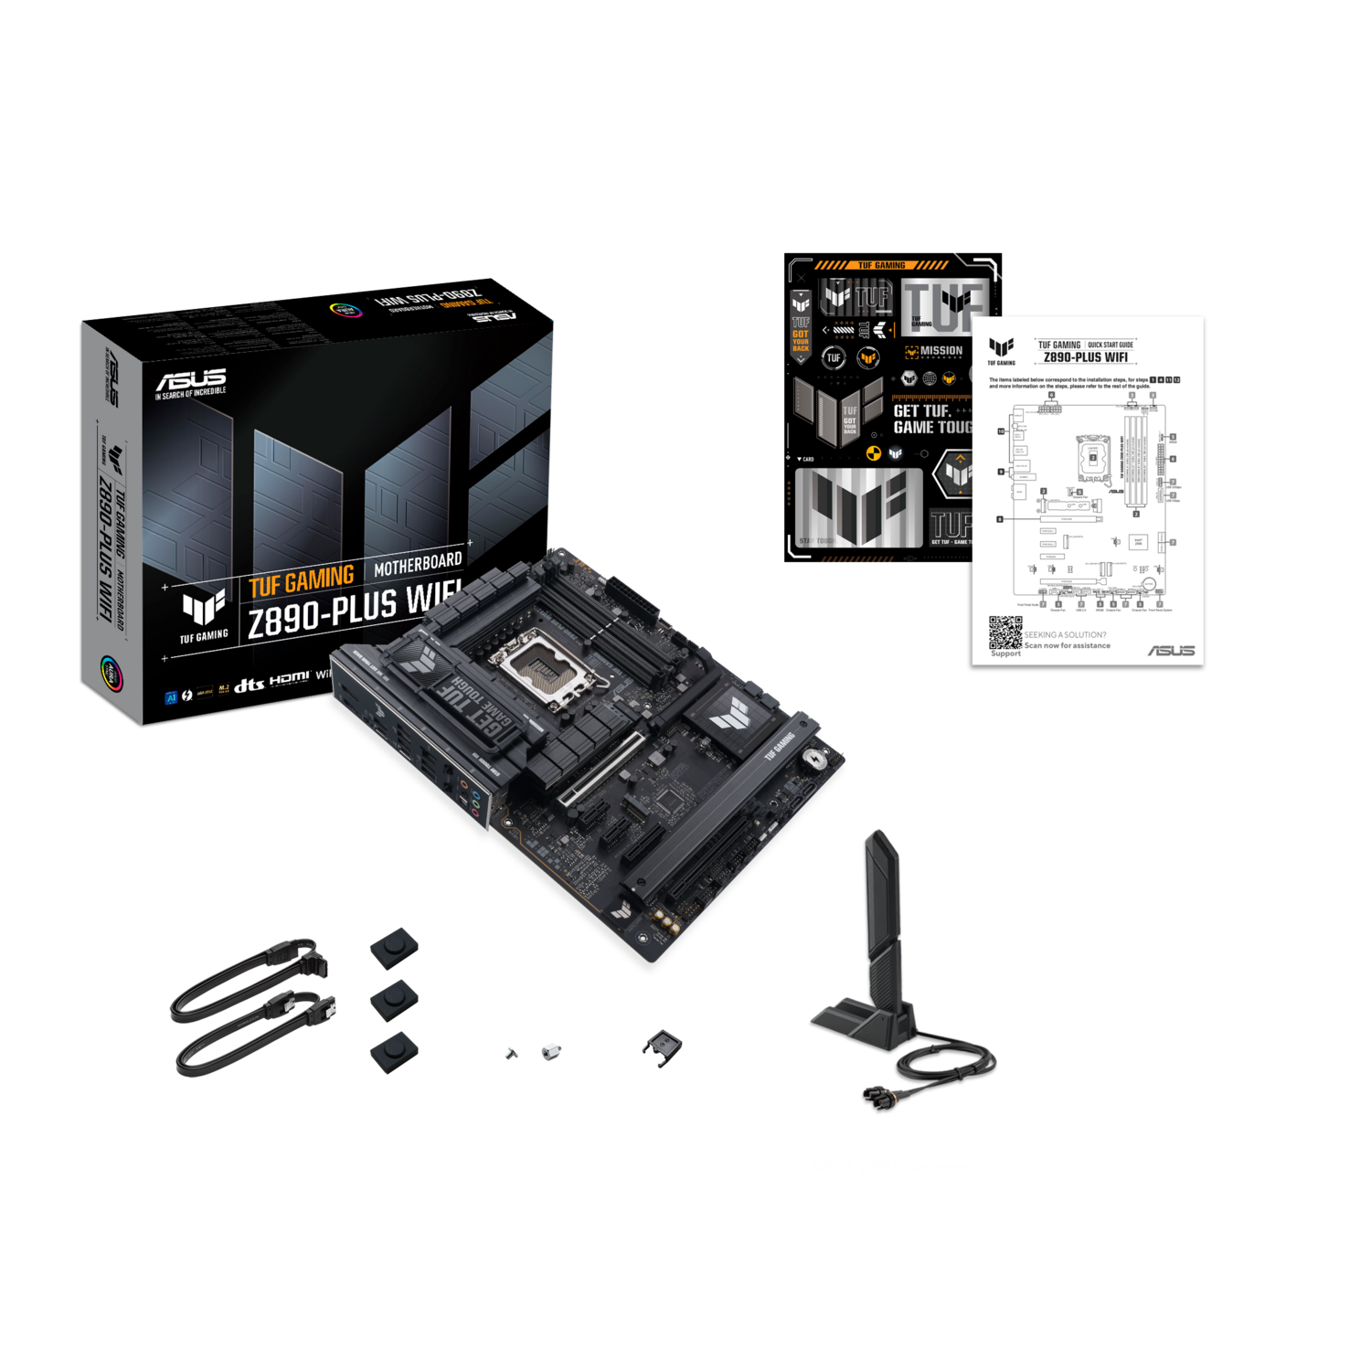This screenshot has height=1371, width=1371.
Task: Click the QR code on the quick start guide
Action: tap(1005, 632)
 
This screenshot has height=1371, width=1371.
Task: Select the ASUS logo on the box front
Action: tap(190, 380)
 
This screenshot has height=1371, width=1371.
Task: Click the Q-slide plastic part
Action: tap(662, 1045)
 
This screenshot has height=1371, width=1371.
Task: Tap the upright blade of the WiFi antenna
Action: tap(882, 914)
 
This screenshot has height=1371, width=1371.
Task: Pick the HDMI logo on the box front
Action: tap(290, 678)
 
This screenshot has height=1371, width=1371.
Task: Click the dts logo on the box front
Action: tap(249, 685)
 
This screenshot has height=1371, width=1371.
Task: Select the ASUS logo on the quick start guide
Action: tap(1171, 650)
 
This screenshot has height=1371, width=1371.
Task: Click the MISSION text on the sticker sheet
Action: tap(941, 351)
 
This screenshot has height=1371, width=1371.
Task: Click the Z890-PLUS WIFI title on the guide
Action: tap(1085, 357)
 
